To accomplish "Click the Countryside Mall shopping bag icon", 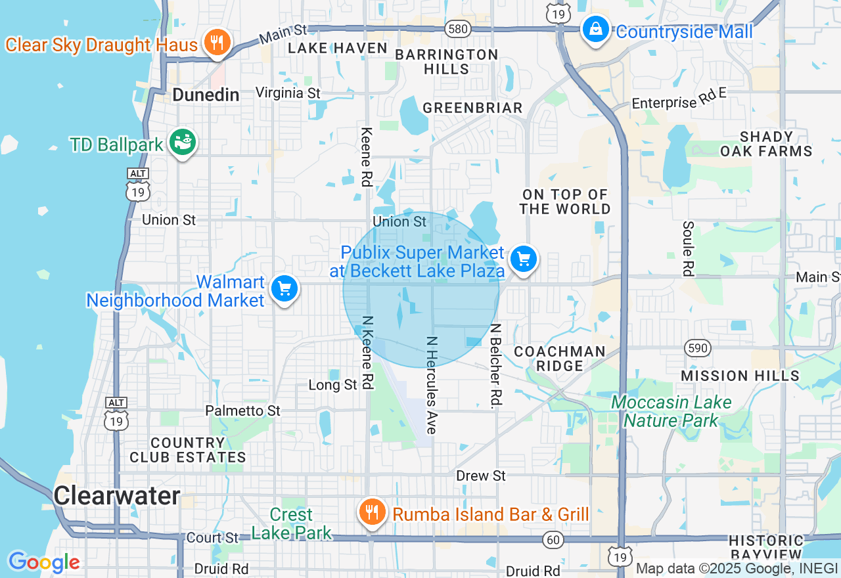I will click(x=595, y=30).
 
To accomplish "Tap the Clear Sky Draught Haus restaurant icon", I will click(x=216, y=43).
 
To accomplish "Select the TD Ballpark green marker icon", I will click(x=182, y=143).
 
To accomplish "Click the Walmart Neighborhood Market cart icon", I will click(x=284, y=289).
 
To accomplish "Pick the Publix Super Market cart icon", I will click(x=523, y=259).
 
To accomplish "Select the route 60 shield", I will click(x=553, y=540).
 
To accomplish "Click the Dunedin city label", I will click(x=206, y=95).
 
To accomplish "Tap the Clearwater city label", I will click(x=117, y=496).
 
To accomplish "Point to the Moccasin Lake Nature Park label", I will click(x=671, y=411).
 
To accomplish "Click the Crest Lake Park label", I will click(x=292, y=523).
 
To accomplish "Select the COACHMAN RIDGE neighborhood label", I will click(x=559, y=359).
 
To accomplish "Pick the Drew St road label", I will click(x=481, y=476).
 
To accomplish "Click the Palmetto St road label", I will click(x=242, y=411).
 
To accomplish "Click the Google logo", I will click(x=44, y=563).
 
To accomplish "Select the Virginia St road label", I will click(x=288, y=93).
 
